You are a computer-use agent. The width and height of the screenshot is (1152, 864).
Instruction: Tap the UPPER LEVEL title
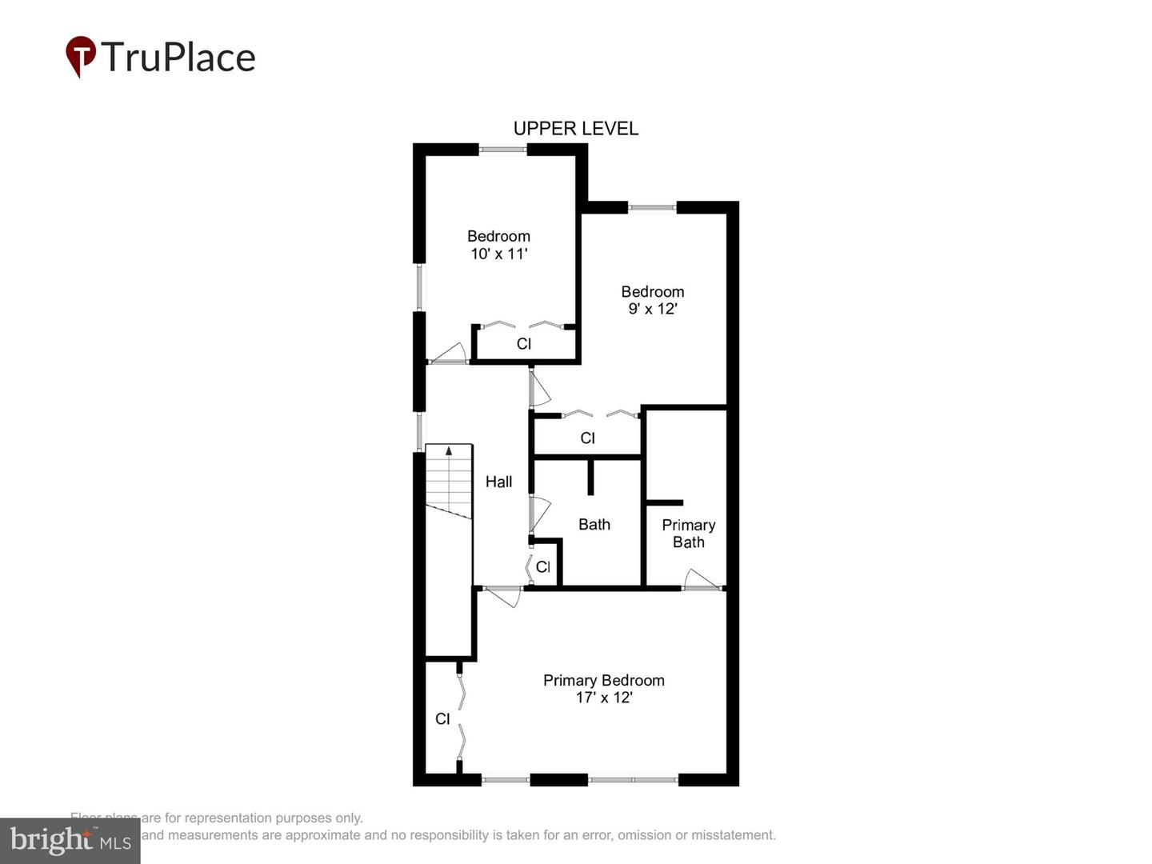pos(575,129)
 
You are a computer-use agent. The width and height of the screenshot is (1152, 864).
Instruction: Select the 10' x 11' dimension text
pos(498,254)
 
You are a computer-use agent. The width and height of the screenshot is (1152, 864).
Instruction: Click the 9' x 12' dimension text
pos(653,310)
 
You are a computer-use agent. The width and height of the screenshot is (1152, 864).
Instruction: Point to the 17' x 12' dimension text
pos(604,698)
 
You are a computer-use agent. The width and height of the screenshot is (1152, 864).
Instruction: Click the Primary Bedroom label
pos(604,680)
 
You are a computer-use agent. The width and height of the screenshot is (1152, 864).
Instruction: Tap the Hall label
pos(498,482)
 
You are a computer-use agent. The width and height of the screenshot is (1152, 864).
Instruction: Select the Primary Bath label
pos(688,534)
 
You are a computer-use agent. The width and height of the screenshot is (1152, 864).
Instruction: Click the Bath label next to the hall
pos(594,525)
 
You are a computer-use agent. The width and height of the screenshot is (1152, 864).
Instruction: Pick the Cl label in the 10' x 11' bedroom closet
pos(524,344)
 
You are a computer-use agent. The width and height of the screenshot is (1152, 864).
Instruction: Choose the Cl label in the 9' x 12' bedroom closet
pos(587,438)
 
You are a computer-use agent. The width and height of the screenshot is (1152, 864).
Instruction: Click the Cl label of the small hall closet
pos(542,567)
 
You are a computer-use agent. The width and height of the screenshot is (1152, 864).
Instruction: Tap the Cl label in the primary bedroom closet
pos(442,719)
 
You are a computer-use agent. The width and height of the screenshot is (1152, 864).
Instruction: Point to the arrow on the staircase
pos(448,451)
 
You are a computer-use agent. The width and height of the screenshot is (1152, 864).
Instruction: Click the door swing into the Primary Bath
pos(702,579)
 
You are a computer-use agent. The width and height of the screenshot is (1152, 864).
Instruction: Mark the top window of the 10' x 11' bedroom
pos(502,149)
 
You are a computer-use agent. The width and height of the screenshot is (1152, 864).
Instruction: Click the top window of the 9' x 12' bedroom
pos(652,208)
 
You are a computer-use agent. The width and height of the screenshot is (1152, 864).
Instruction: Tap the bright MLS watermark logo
pos(70,840)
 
